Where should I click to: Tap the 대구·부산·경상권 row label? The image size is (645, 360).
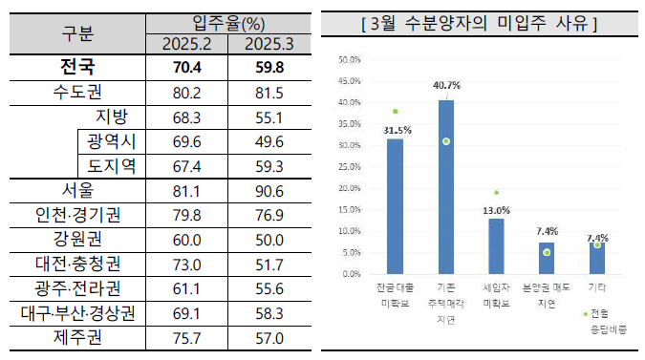[76, 312]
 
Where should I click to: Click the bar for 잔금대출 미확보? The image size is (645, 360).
[395, 205]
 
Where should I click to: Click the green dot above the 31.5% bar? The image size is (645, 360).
[395, 111]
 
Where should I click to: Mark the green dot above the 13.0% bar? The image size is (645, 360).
[496, 192]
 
